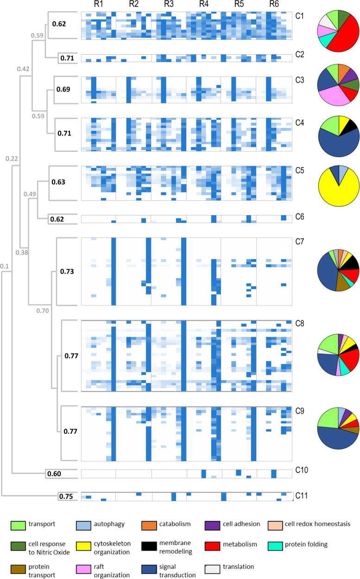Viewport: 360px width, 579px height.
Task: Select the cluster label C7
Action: tap(300, 242)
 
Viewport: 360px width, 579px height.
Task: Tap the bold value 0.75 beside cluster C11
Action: tap(66, 496)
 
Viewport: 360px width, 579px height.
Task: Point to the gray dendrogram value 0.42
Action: tap(24, 69)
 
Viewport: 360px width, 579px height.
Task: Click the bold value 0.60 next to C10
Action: tap(54, 474)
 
